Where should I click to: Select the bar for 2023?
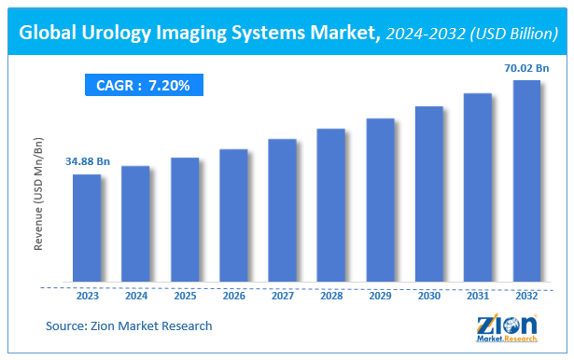click(87, 228)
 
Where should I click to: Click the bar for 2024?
click(135, 224)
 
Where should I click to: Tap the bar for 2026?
click(233, 215)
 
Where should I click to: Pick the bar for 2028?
click(331, 205)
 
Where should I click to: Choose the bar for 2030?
click(428, 194)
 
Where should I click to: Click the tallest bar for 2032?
click(526, 181)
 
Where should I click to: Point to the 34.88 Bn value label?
click(87, 162)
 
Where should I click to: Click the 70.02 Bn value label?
click(526, 67)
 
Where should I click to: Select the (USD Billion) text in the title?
click(510, 36)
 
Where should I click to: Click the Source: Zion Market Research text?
click(129, 325)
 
